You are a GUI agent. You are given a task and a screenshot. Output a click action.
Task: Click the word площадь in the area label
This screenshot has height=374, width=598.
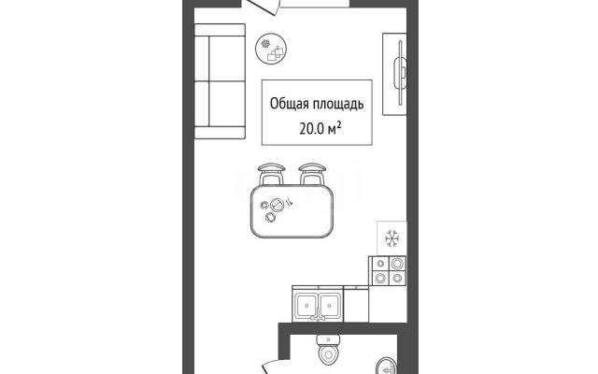338,105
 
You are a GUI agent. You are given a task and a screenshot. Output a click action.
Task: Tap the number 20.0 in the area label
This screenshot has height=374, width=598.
311,129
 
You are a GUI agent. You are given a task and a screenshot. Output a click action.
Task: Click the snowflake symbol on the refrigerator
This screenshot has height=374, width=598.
392,238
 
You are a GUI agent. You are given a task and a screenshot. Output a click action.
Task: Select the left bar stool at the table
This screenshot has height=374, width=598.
271,174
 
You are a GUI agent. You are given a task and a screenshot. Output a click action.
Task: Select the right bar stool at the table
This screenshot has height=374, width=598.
312,174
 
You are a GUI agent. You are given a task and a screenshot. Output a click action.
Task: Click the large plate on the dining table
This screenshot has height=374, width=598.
277,206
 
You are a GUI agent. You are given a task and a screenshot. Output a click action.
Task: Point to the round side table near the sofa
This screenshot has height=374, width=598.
271,49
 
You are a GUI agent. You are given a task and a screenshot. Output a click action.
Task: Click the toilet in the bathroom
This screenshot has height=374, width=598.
328,349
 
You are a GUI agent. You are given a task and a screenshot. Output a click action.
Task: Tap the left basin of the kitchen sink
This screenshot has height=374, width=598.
306,305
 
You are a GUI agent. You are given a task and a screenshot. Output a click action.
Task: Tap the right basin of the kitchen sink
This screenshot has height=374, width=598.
329,305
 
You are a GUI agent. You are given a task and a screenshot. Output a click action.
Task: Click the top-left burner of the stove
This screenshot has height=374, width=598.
380,264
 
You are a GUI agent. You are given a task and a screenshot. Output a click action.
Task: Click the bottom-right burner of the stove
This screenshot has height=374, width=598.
397,278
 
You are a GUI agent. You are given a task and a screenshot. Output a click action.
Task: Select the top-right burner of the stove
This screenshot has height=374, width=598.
397,264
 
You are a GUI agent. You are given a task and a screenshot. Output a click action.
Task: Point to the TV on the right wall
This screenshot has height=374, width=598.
401,73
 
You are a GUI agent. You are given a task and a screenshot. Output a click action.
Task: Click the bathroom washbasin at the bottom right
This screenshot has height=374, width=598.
387,366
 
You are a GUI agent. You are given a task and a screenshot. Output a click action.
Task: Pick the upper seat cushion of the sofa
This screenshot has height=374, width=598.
226,58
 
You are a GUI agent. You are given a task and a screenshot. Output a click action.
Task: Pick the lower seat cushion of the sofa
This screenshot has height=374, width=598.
226,104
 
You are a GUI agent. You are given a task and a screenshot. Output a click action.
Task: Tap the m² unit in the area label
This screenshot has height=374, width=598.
334,129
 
